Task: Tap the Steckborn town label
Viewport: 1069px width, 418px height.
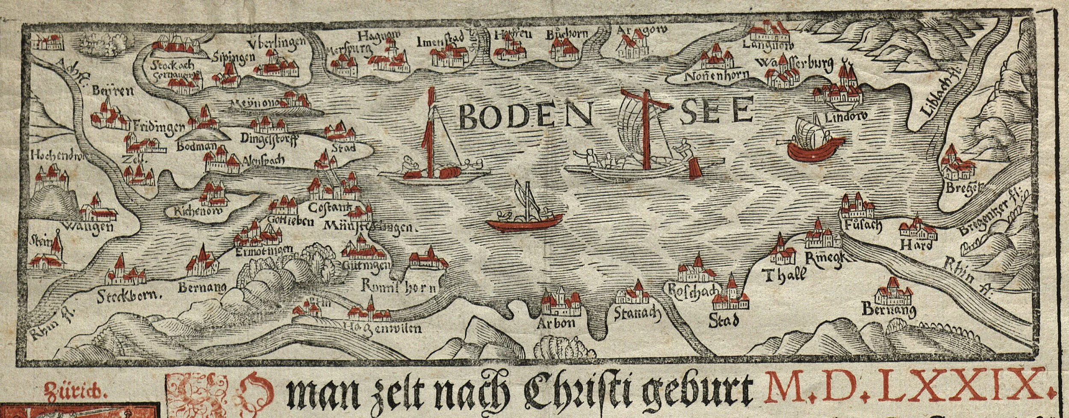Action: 124,295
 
